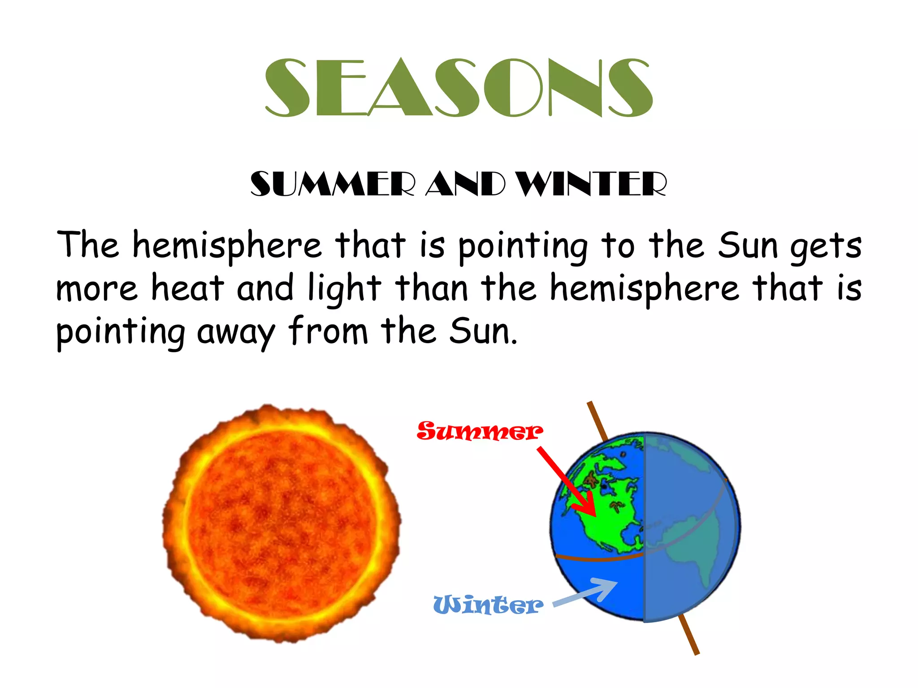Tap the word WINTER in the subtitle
591,184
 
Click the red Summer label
479,431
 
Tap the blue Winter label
488,605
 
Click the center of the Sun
282,523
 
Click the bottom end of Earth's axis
696,653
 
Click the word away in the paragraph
235,333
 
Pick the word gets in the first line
825,247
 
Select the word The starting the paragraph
88,245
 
